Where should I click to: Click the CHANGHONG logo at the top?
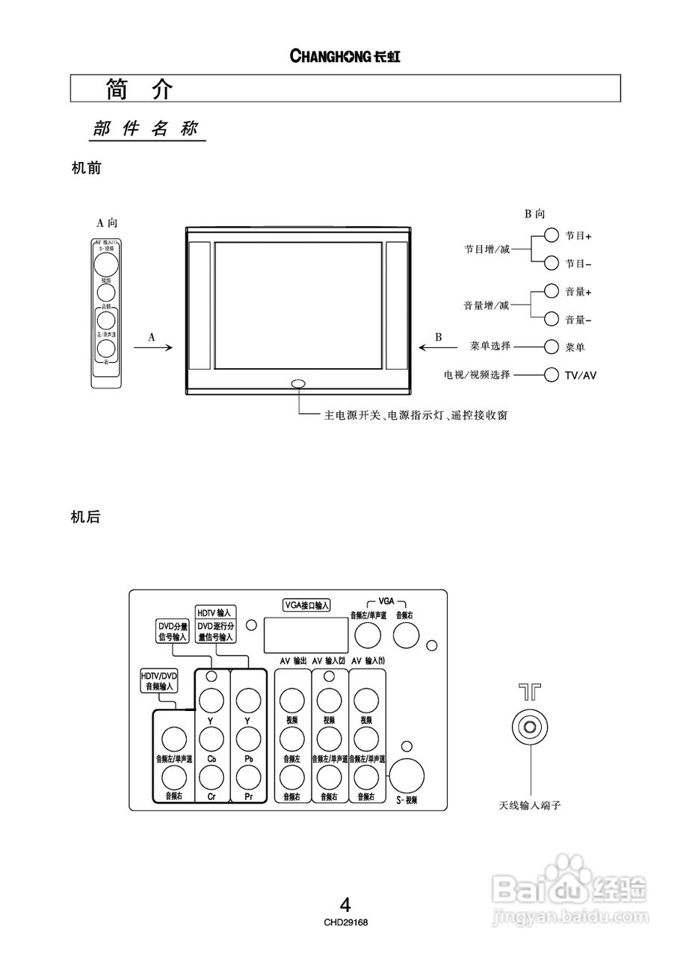pyautogui.click(x=345, y=57)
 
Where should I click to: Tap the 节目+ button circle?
pyautogui.click(x=552, y=235)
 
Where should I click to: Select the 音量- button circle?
pyautogui.click(x=552, y=319)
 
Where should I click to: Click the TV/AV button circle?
pyautogui.click(x=552, y=374)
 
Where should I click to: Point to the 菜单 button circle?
pyautogui.click(x=552, y=347)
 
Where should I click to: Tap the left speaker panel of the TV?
pyautogui.click(x=200, y=306)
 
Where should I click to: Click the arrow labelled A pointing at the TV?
pyautogui.click(x=154, y=347)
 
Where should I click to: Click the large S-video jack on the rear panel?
pyautogui.click(x=407, y=777)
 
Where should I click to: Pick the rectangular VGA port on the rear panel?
pyautogui.click(x=306, y=636)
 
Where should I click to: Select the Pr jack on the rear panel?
pyautogui.click(x=248, y=778)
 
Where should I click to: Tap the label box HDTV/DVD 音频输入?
pyautogui.click(x=159, y=680)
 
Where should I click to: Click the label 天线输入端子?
pyautogui.click(x=530, y=806)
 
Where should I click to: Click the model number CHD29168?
pyautogui.click(x=345, y=922)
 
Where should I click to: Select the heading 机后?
pyautogui.click(x=85, y=517)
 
